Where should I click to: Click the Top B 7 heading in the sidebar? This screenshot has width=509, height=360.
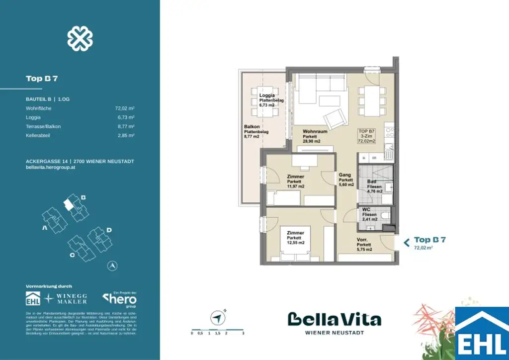coord(42,79)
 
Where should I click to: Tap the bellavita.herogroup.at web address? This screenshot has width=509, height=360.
coord(50,168)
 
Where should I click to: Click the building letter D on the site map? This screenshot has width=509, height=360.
coord(109,230)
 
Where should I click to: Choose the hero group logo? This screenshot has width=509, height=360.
coord(120,299)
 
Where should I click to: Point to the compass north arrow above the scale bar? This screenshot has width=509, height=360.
coord(217,317)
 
